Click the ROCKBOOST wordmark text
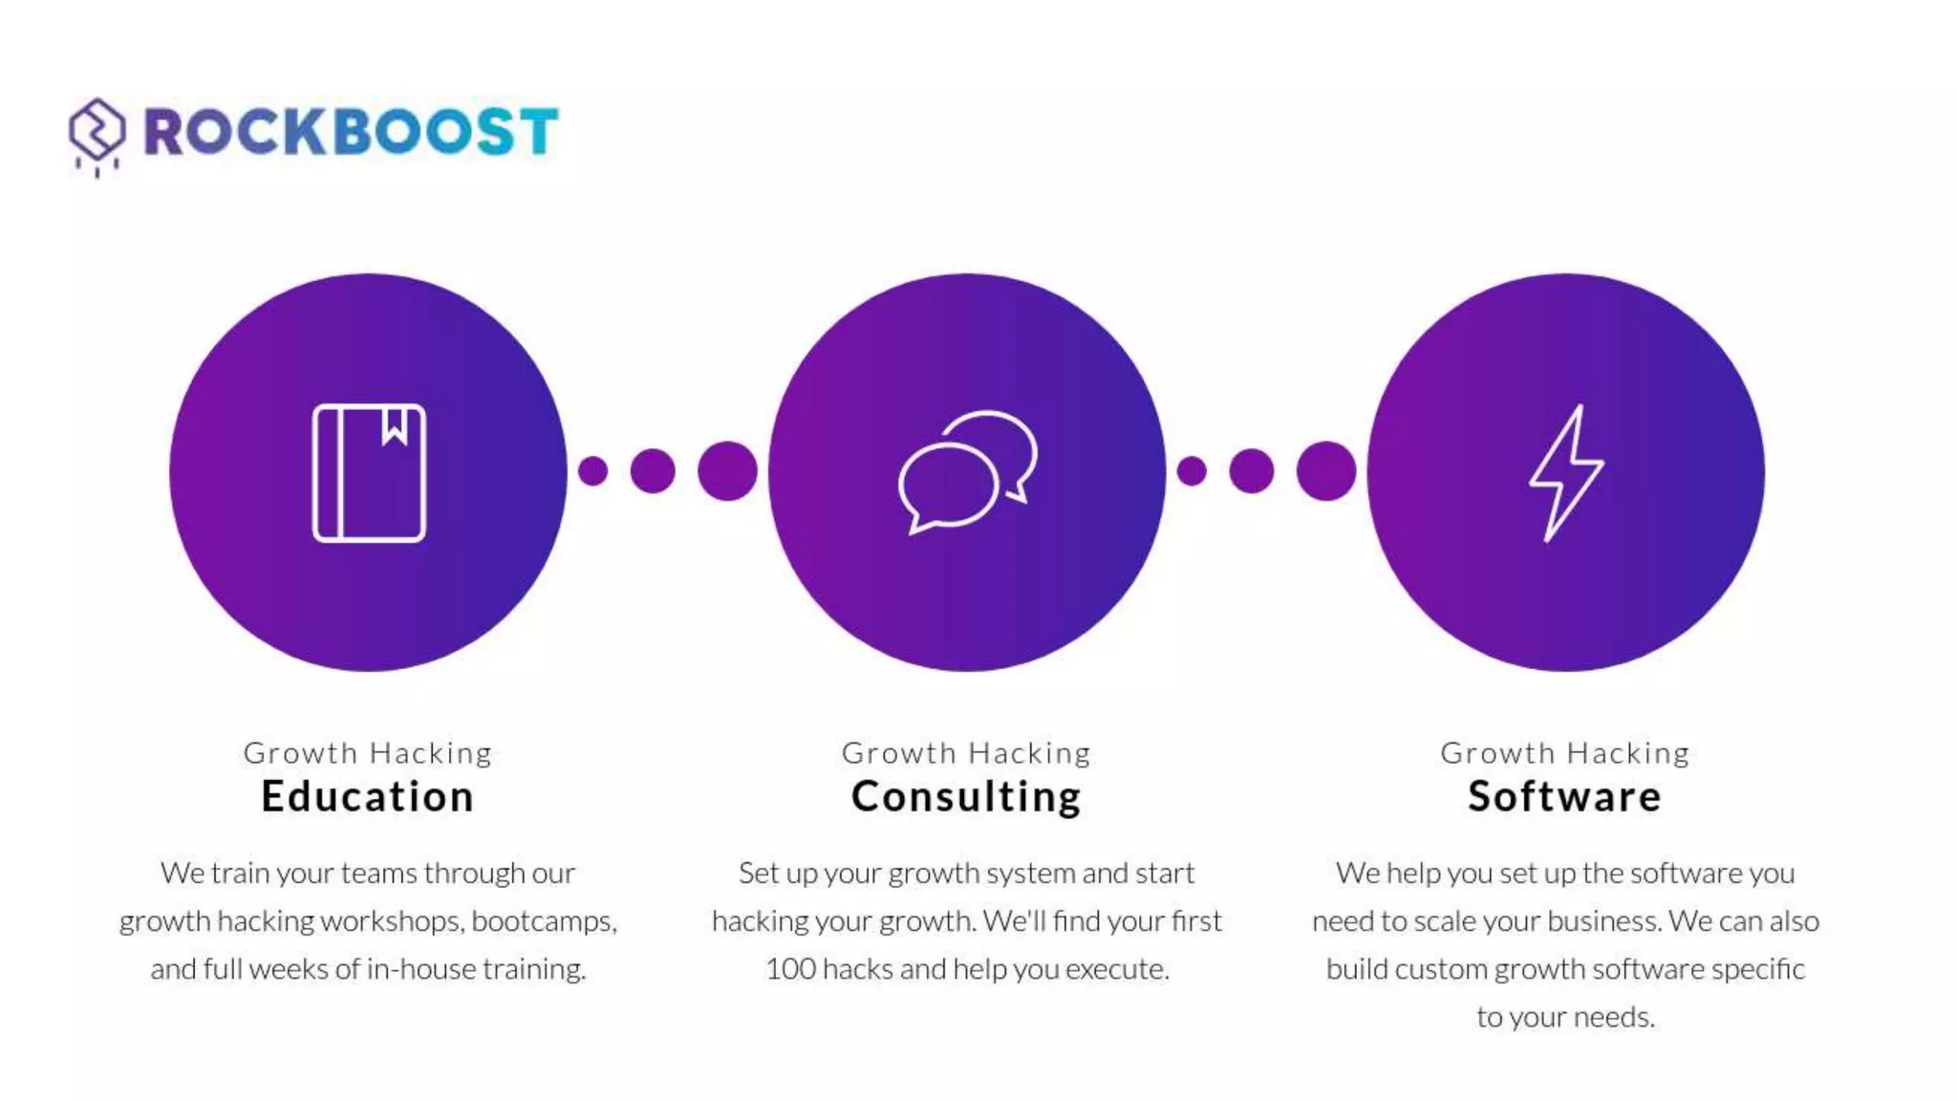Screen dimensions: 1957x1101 351,131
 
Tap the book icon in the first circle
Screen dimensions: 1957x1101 369,473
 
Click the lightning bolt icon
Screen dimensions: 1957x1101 1565,473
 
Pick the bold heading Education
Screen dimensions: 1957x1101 368,796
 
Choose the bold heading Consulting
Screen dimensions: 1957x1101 966,796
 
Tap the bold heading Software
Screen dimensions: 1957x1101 1564,796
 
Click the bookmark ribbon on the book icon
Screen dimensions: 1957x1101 395,425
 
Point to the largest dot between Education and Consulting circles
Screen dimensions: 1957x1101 727,471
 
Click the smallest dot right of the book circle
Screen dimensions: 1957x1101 592,471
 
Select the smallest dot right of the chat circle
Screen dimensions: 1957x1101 1192,471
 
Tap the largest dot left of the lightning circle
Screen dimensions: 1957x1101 1325,471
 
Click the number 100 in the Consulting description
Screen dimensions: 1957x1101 790,969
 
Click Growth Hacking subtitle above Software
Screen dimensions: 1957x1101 1564,753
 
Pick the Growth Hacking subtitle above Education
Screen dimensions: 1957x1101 368,753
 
